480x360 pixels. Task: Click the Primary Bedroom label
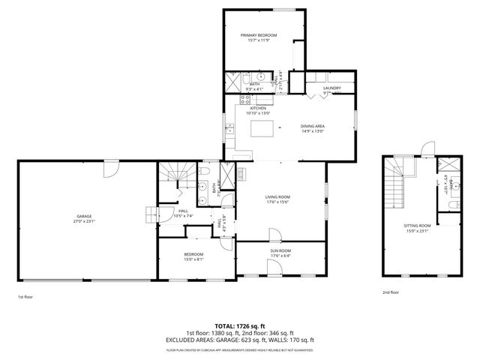pos(258,35)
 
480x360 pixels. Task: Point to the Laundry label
pos(331,88)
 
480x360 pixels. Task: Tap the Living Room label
pos(277,196)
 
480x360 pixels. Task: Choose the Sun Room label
pos(280,251)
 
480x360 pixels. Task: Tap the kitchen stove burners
pos(244,99)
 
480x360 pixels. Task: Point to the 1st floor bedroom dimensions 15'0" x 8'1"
pos(193,259)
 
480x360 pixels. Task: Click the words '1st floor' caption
pos(25,297)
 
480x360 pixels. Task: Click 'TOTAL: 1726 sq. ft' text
pos(240,327)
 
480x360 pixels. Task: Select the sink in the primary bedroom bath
pos(260,78)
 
